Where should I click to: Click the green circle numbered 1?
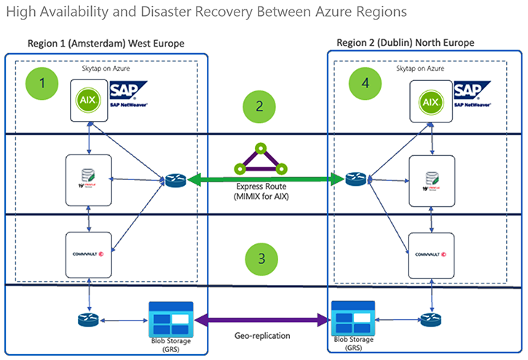tap(43, 84)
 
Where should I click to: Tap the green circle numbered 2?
tap(259, 106)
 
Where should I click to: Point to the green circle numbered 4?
tap(366, 84)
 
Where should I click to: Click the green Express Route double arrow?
tap(259, 179)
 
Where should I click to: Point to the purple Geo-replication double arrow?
tap(259, 318)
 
